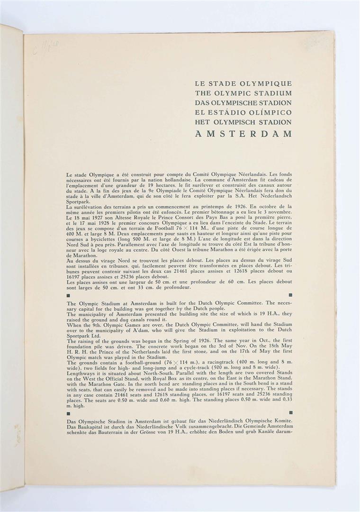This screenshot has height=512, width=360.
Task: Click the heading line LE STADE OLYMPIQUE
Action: pos(243,83)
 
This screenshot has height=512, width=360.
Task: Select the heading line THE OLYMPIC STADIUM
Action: pos(243,93)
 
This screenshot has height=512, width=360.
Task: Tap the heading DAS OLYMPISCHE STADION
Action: pos(243,103)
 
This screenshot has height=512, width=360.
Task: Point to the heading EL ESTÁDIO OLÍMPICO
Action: pos(243,113)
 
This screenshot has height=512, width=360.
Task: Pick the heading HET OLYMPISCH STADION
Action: pos(243,122)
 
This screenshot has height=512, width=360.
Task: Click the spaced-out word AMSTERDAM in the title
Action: pos(243,134)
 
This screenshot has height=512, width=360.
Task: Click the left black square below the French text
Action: pos(69,295)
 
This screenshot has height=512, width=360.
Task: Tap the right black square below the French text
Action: pos(290,295)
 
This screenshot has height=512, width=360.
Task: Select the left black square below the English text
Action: pos(69,412)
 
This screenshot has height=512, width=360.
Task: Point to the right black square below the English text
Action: pos(290,412)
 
